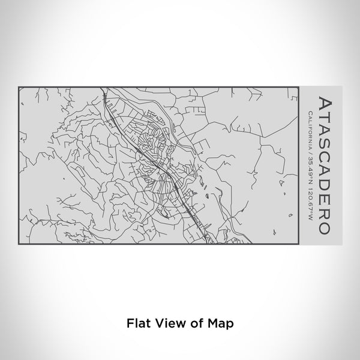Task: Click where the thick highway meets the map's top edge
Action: click(x=103, y=88)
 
